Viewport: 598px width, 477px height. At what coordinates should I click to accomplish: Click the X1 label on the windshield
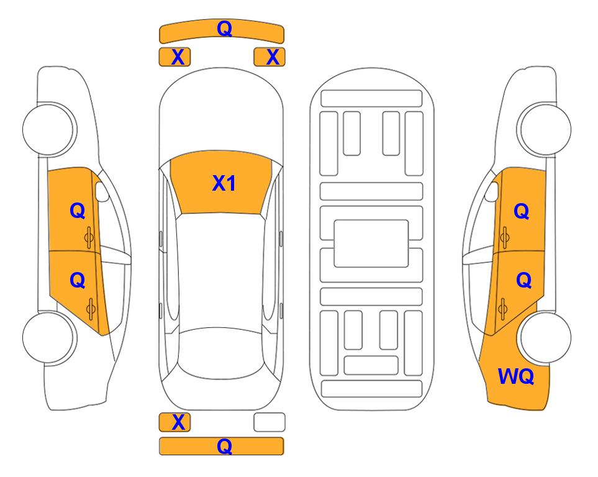tap(224, 183)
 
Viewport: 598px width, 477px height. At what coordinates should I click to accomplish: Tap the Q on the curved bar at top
tap(225, 28)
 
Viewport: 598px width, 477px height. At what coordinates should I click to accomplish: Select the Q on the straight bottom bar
tap(224, 446)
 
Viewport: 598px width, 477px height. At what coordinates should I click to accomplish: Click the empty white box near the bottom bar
tap(270, 422)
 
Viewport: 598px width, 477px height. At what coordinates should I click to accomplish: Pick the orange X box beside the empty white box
tap(174, 422)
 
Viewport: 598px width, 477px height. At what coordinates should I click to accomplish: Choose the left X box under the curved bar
tap(174, 57)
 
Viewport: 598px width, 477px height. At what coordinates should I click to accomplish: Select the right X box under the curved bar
tap(270, 57)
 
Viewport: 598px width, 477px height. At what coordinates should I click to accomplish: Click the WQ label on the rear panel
tap(516, 376)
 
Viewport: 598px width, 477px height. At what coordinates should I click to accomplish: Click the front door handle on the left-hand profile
tap(89, 237)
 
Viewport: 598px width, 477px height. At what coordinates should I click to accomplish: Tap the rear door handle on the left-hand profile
tap(91, 309)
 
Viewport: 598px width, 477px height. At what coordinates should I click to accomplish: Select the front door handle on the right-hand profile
tap(504, 237)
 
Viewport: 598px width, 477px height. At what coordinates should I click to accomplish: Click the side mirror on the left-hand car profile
tap(101, 191)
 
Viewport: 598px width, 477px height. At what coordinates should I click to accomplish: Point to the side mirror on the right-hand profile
tap(492, 191)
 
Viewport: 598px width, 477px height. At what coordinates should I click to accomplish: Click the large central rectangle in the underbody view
tap(371, 243)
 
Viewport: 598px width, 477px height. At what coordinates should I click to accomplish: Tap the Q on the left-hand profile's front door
tap(78, 211)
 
